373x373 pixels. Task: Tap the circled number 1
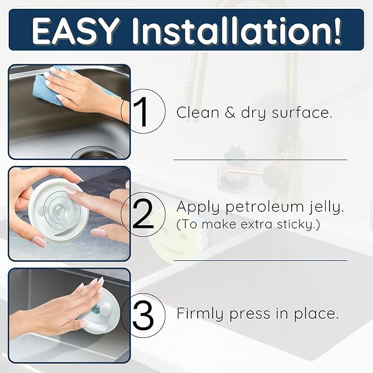point(142,112)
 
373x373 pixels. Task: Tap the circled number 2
point(143,214)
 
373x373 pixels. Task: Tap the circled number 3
point(143,314)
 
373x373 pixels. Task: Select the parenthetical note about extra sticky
point(248,225)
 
